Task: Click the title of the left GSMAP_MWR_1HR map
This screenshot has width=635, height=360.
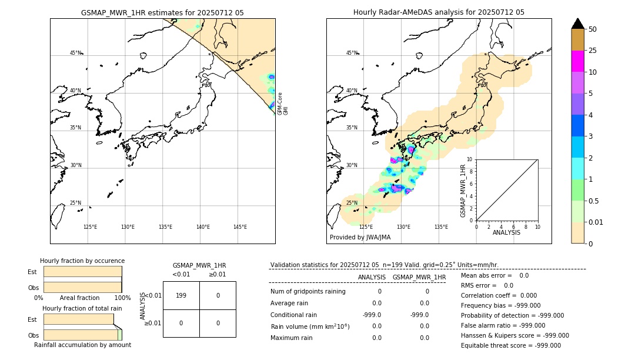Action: point(162,12)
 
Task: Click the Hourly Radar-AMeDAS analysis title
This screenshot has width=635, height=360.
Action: point(439,12)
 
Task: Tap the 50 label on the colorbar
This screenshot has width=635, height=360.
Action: point(593,29)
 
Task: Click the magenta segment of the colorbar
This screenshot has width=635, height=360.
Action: point(578,61)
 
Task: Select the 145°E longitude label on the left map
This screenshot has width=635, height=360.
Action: point(240,227)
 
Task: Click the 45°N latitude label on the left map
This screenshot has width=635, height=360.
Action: point(76,53)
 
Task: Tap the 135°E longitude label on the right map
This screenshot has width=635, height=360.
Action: point(441,227)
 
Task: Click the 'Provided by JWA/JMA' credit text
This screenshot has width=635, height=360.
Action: point(360,237)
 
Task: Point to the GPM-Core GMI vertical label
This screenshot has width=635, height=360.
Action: point(283,103)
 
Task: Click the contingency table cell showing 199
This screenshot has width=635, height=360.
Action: point(181,295)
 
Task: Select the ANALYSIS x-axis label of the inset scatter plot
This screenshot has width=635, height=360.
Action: point(506,233)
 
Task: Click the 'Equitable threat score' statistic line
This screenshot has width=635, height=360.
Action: point(510,346)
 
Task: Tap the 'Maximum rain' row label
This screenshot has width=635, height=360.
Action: point(292,338)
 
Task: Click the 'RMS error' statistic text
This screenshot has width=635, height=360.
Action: point(487,285)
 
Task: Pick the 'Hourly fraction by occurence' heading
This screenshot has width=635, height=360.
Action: point(82,261)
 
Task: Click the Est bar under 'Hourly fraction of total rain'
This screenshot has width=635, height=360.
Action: point(78,319)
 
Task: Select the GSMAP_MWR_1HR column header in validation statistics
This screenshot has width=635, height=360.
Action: point(419,277)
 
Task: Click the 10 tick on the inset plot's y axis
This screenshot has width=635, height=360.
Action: point(470,159)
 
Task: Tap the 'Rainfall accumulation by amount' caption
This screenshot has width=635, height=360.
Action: point(82,345)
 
